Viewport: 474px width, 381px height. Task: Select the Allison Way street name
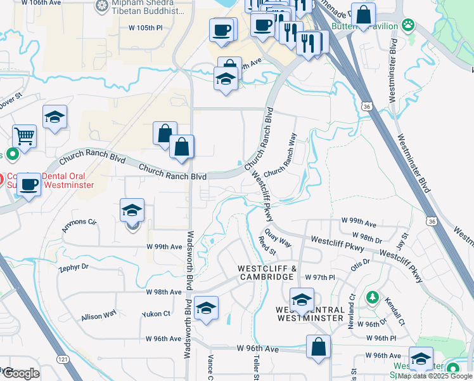[x=98, y=315]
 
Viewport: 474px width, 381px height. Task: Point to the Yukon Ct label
[x=158, y=313]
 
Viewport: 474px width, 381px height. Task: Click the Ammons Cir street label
[x=79, y=224]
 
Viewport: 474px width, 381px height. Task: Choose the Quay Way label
[x=278, y=237]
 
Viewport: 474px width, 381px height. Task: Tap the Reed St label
[x=267, y=246]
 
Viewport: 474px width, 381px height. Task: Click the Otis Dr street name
[x=361, y=262]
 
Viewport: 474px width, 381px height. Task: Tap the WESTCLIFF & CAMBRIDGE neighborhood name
[x=267, y=272]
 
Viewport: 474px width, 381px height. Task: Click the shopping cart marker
[x=24, y=135]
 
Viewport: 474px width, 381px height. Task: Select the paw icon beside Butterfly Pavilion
[x=409, y=26]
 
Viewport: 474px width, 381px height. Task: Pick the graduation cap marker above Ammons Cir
[x=132, y=211]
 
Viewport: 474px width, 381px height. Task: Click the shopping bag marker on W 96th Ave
[x=318, y=347]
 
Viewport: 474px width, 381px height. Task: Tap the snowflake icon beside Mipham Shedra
[x=101, y=7]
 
